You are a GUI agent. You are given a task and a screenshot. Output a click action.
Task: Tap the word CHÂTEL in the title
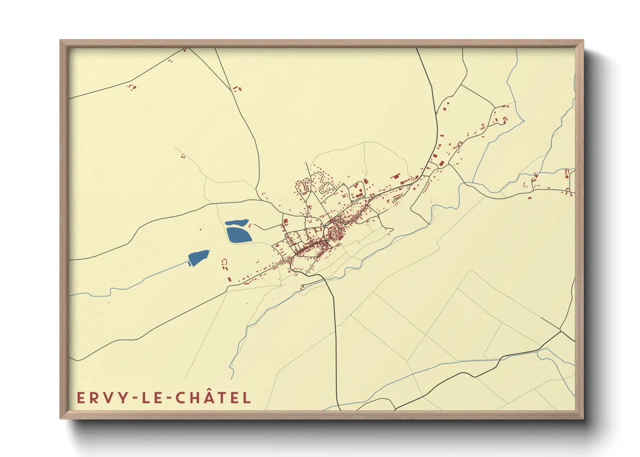pyautogui.click(x=213, y=397)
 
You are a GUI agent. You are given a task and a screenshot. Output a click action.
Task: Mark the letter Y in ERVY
pyautogui.click(x=122, y=398)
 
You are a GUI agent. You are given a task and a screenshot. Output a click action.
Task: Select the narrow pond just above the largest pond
pyautogui.click(x=237, y=223)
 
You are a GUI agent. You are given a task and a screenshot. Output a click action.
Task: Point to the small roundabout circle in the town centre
pyautogui.click(x=324, y=226)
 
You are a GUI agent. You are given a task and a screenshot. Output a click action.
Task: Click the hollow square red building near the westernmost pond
pyautogui.click(x=224, y=262)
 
